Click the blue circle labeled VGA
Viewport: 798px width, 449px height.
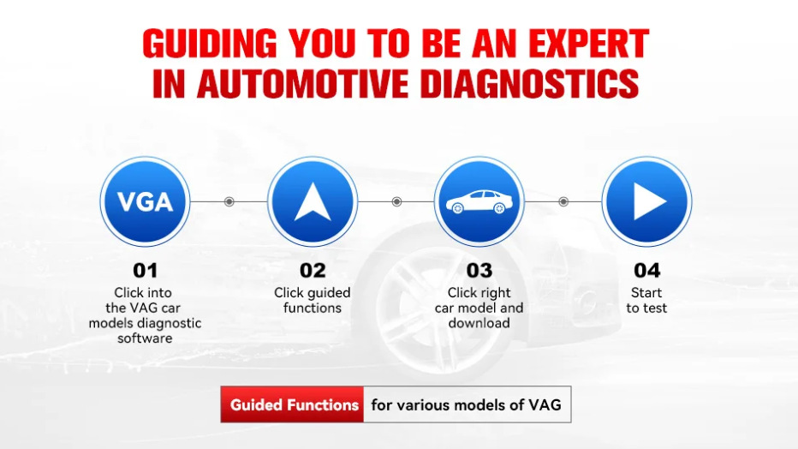coord(145,201)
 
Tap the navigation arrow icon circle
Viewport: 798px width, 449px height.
coord(313,201)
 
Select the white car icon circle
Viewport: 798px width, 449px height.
coord(479,201)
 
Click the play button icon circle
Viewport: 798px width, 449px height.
coord(646,201)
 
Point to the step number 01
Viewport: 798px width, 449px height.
coord(145,270)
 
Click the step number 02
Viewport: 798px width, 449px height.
coord(313,270)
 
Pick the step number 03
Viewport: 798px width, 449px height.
coord(479,270)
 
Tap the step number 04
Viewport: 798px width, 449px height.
coord(646,270)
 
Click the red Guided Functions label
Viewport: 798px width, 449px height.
coord(293,404)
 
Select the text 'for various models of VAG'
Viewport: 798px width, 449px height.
coord(466,405)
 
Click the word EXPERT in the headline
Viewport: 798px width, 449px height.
coord(589,43)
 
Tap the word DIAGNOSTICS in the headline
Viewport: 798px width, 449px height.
coord(531,83)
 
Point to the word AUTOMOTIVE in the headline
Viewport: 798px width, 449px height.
coord(302,83)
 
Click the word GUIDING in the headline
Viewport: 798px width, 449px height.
coord(210,43)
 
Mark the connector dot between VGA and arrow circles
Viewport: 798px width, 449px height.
coord(229,201)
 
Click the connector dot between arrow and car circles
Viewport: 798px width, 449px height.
coord(396,201)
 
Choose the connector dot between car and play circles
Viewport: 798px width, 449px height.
coord(563,201)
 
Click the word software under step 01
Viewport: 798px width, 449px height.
coord(145,338)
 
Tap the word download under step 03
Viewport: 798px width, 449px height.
coord(479,323)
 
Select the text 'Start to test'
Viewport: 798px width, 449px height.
coord(646,301)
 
